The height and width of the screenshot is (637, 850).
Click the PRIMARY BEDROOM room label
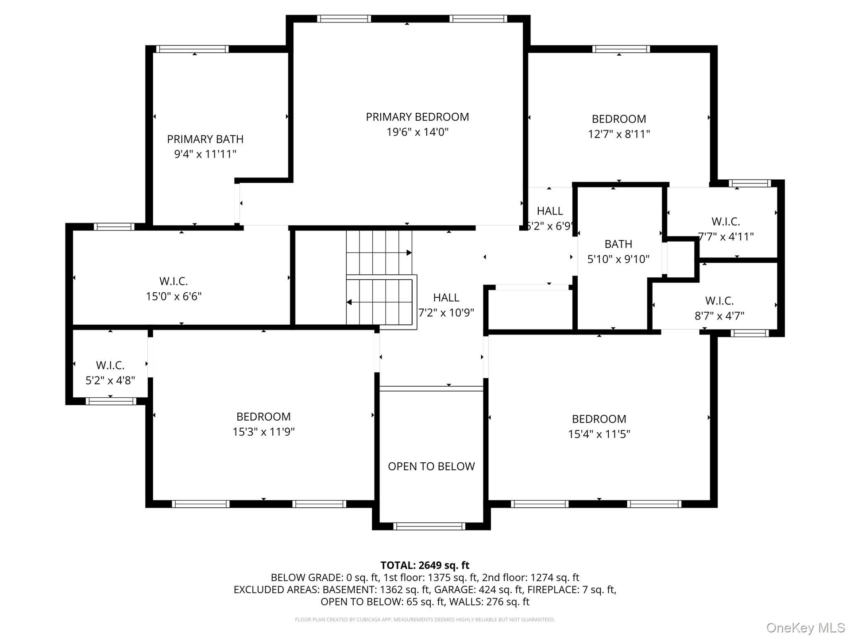coord(417,117)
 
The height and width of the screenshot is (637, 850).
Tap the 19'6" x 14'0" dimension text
coord(417,132)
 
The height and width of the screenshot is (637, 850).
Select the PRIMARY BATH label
coord(205,139)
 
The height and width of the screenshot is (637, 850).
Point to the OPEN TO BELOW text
coord(431,466)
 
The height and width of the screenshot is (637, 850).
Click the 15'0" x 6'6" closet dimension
coord(174,296)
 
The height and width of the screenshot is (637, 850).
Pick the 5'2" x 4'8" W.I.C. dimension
coord(110,380)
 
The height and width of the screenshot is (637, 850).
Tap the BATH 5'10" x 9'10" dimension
coord(618,259)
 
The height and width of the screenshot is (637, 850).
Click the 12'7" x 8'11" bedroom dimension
coord(619,134)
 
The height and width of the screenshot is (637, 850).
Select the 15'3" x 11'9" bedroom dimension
coord(263,432)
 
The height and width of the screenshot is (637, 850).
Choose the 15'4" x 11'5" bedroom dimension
coord(599,434)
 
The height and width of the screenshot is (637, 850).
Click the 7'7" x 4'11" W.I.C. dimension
coord(726,237)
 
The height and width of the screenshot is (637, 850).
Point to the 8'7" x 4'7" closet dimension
coord(719,316)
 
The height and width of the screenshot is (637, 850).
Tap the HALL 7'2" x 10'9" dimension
coord(446,313)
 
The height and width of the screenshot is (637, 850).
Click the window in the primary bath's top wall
coord(193,49)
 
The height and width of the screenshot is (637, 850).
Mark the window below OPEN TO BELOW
coord(429,526)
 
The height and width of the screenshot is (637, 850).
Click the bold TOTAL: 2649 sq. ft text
coord(425,565)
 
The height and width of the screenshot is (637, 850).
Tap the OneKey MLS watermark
coord(806,628)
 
